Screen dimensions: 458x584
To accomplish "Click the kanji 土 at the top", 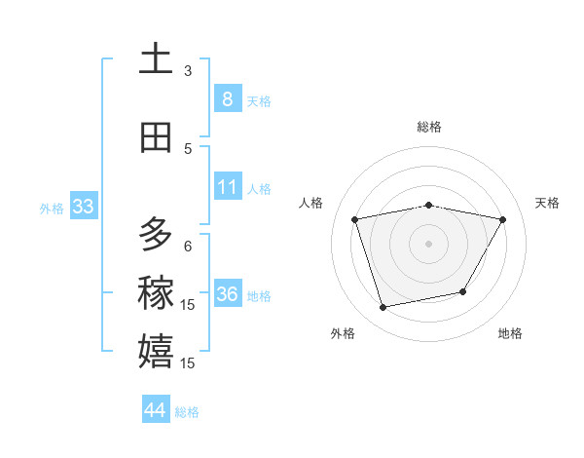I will point(156,59).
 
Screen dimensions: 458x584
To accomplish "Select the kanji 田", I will point(156,137).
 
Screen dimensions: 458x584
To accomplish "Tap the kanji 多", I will point(156,235).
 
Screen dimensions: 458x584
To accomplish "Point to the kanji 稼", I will point(156,293).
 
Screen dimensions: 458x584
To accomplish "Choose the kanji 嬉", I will point(156,351).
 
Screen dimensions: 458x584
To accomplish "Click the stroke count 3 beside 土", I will point(188,70).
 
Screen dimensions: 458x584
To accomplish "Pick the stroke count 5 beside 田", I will point(188,148).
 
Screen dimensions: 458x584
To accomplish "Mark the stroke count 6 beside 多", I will point(188,246).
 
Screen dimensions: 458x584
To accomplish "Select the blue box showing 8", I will point(227,98).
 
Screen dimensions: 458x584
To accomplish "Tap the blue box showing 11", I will point(227,186).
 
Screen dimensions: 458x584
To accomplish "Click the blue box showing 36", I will point(227,293).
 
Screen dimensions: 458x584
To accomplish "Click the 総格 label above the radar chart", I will point(429,127).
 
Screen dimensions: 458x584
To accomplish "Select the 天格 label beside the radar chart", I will point(547,203).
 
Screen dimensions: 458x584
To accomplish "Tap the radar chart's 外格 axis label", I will point(343,333).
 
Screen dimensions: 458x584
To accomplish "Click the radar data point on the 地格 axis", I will point(463,291).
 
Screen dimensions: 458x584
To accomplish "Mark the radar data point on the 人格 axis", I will point(355,219).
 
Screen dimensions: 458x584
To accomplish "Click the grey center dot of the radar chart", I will point(429,243).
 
